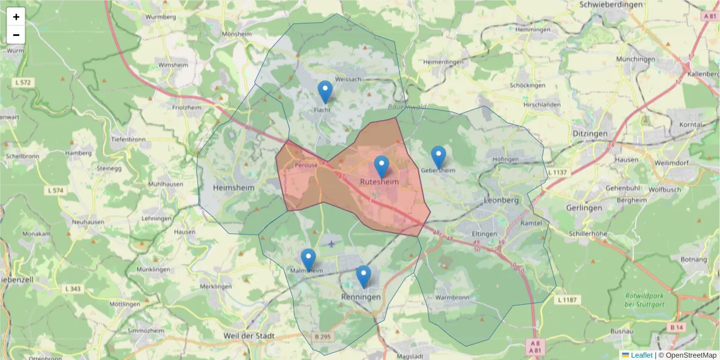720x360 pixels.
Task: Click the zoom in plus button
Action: pyautogui.click(x=16, y=17)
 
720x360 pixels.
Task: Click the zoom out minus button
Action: pyautogui.click(x=16, y=35)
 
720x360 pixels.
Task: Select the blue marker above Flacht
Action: pyautogui.click(x=325, y=92)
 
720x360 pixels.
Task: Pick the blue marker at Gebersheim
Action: pyautogui.click(x=439, y=157)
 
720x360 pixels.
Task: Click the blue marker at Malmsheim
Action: pyautogui.click(x=308, y=259)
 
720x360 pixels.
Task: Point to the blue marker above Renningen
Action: pyautogui.click(x=363, y=276)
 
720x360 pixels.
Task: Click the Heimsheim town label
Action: pyautogui.click(x=234, y=188)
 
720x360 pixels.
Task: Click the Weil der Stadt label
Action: pyautogui.click(x=248, y=336)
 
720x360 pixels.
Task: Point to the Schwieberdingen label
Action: pyautogui.click(x=611, y=4)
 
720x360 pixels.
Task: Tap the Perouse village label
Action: pyautogui.click(x=306, y=165)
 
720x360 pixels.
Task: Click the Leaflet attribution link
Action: pyautogui.click(x=641, y=355)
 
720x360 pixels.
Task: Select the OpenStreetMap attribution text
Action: pyautogui.click(x=688, y=355)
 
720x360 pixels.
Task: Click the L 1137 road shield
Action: pyautogui.click(x=557, y=172)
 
